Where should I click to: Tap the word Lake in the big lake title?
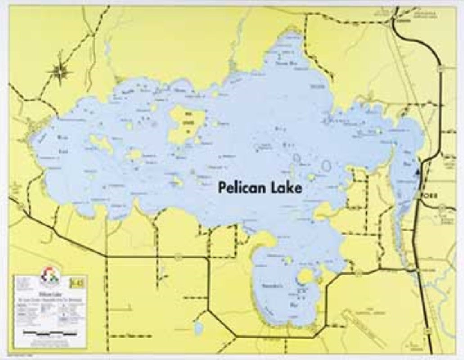[285, 188]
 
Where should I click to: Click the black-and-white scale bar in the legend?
[50, 333]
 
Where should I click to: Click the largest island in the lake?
[185, 124]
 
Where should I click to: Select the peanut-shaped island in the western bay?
[101, 144]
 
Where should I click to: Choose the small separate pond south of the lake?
[198, 327]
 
